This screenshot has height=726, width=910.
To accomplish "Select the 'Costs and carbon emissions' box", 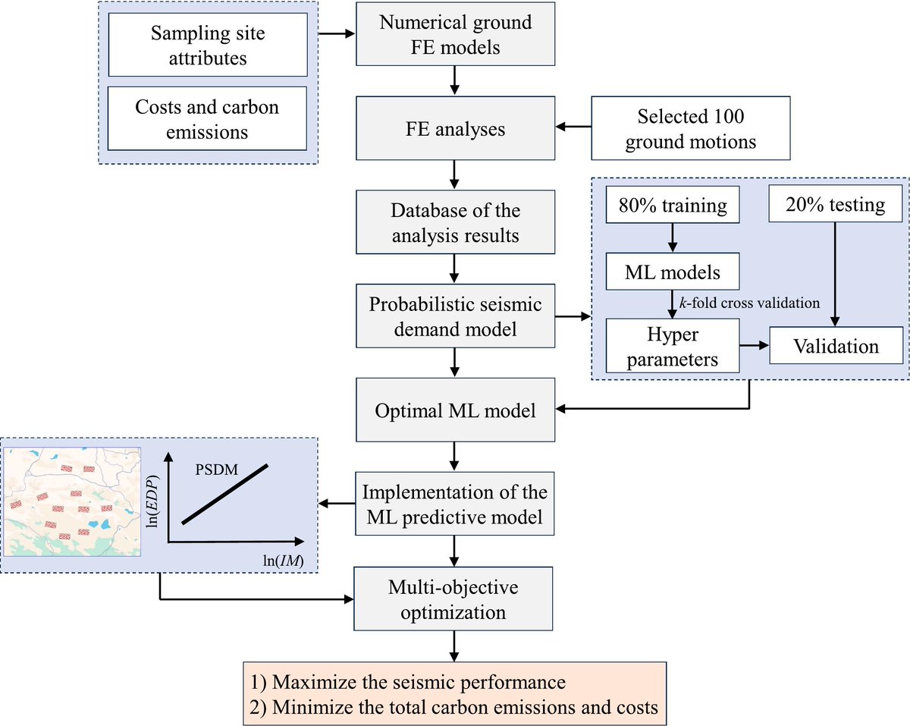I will [x=208, y=119].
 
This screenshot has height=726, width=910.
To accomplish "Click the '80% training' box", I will [x=671, y=206].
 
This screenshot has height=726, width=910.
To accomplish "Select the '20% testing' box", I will [x=833, y=206].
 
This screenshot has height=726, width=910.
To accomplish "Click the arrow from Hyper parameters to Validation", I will [x=755, y=346].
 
